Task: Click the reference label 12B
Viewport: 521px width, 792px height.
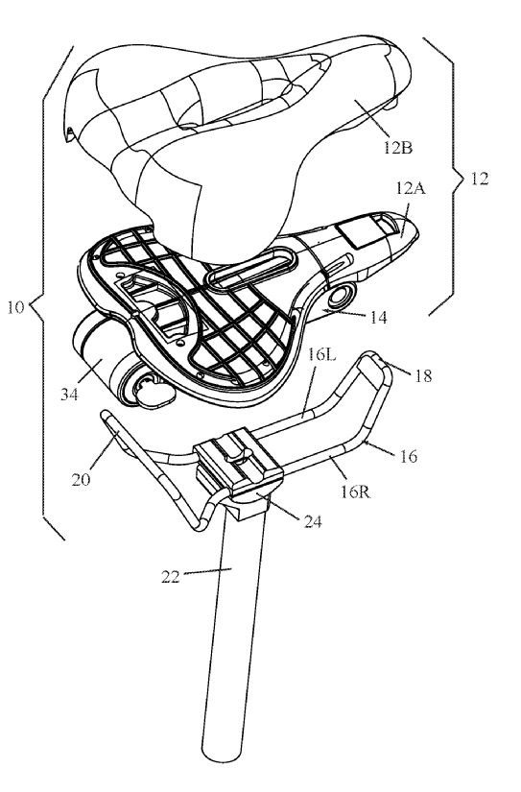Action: [397, 148]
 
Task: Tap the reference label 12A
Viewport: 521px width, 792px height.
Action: [411, 189]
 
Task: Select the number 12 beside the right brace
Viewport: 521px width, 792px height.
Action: [480, 179]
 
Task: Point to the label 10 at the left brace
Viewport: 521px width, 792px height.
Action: [15, 307]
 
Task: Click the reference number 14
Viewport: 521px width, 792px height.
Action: [379, 317]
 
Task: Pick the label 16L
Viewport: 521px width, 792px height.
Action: [321, 355]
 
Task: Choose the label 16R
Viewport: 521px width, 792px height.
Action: [355, 491]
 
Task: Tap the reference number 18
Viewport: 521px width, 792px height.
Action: [423, 375]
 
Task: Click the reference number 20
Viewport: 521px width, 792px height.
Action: [81, 479]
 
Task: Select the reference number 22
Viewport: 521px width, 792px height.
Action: [171, 576]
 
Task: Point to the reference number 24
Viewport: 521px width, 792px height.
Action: [313, 521]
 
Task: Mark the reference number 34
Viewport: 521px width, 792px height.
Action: [70, 394]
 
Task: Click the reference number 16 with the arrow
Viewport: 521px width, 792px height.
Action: [409, 456]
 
